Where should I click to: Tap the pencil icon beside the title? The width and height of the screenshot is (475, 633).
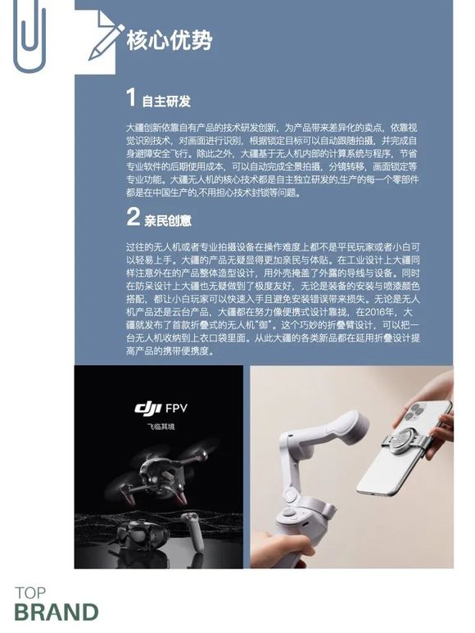point(106,43)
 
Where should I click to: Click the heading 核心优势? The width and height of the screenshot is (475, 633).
point(170,40)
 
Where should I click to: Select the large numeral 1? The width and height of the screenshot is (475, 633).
point(131,97)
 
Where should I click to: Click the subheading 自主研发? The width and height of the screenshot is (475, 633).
point(166,102)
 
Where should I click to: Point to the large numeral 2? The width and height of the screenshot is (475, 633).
point(133,216)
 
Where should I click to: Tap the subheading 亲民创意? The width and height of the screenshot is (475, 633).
point(168,220)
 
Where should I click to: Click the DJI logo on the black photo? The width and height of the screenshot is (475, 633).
point(147,408)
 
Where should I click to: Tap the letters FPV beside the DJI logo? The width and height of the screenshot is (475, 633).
point(176,408)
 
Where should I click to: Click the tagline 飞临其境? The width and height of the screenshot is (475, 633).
point(161,427)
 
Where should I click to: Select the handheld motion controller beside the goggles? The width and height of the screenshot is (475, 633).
point(193,530)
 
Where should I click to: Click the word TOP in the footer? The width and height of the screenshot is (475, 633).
point(30,593)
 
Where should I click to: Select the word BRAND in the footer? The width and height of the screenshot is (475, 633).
point(57,612)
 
